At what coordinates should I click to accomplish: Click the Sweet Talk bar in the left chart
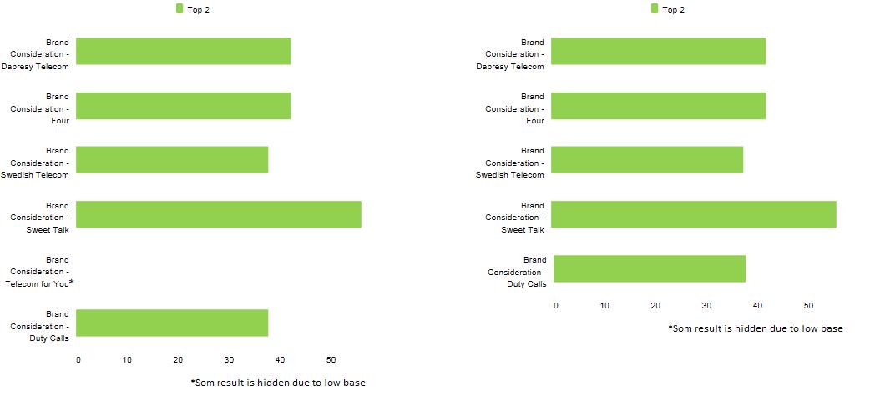pos(218,214)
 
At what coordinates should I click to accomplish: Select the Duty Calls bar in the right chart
pos(649,268)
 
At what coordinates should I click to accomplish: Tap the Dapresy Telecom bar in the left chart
pos(183,51)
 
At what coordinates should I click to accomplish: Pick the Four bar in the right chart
pos(658,106)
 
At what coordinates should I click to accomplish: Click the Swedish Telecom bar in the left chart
pos(172,159)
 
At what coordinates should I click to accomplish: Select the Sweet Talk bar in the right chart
pos(693,214)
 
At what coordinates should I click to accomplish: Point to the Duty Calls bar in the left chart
pos(172,323)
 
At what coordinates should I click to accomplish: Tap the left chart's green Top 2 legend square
pos(180,8)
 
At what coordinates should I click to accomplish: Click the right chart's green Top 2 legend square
pos(655,8)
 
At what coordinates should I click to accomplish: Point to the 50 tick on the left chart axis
pos(331,360)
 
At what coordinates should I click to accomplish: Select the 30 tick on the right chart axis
pos(706,306)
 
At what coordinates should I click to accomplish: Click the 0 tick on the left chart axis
pos(78,360)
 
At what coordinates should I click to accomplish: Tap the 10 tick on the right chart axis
pos(604,306)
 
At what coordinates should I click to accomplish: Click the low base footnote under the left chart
pos(278,383)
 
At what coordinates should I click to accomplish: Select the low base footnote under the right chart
pos(756,328)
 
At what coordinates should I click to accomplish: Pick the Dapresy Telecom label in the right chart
pos(516,54)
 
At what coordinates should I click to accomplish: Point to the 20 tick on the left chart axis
pos(178,360)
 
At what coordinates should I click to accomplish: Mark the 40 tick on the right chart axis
pos(757,306)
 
